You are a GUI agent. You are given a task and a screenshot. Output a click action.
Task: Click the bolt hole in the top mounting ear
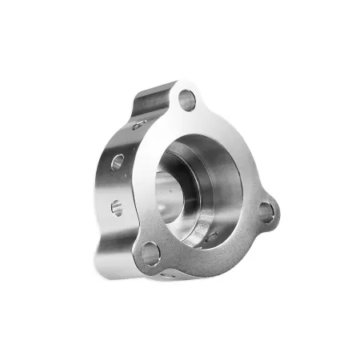(x=187, y=101)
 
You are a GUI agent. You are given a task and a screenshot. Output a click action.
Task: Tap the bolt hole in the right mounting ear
(x=265, y=211)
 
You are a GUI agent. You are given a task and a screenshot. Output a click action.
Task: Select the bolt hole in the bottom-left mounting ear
(x=150, y=254)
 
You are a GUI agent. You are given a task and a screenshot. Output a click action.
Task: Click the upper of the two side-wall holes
(x=117, y=162)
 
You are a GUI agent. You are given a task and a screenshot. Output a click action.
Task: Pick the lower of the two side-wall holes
(x=117, y=207)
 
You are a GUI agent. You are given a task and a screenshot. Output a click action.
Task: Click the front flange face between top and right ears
(x=232, y=152)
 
